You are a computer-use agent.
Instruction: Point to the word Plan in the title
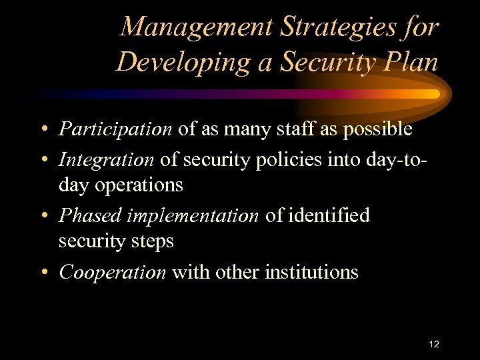tap(411, 63)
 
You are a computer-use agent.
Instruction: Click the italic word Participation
tap(115, 129)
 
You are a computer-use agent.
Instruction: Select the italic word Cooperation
tap(113, 272)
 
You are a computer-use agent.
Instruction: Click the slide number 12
tap(434, 344)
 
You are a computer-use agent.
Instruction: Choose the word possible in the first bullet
tap(378, 129)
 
